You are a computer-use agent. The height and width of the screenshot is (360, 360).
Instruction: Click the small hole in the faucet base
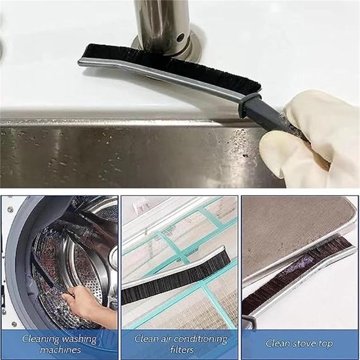click(x=181, y=37)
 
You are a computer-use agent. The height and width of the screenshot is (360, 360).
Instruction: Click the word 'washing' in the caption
click(x=79, y=339)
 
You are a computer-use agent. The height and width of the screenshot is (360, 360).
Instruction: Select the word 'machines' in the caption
click(x=60, y=350)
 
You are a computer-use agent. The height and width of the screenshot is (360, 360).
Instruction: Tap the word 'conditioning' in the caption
click(x=201, y=339)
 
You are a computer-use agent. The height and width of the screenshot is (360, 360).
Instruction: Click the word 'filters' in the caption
click(x=182, y=350)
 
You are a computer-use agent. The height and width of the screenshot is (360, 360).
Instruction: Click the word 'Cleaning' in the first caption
click(x=39, y=339)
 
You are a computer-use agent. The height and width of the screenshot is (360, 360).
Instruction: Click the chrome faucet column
click(x=162, y=26)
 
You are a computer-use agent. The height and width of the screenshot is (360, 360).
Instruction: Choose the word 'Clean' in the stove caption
click(x=277, y=344)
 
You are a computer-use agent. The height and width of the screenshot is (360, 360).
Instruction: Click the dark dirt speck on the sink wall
click(x=245, y=156)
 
